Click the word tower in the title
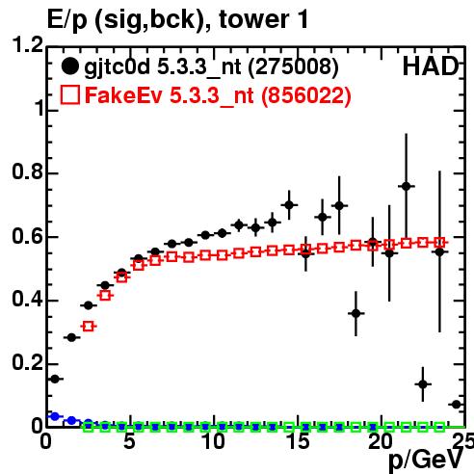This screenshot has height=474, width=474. pos(253,19)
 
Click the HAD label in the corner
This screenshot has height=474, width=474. pos(431,66)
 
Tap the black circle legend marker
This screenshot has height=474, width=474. pos(69,66)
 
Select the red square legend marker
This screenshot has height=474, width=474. pos(70,94)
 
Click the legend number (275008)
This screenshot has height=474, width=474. pos(294,67)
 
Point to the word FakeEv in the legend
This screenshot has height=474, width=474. pos(123,95)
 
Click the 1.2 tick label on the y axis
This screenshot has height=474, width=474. pos(28,44)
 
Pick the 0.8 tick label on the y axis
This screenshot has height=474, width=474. pos(28,171)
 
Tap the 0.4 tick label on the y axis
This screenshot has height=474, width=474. pos(28,299)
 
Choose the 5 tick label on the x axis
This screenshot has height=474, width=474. pos(129,441)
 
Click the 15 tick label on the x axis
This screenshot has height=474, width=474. pos(298,441)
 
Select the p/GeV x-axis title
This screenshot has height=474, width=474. pos(427,461)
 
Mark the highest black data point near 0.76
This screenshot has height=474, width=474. pos(407,186)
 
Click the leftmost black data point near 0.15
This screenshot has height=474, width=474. pos(55,380)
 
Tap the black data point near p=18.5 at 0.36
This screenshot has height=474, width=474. pos(355,313)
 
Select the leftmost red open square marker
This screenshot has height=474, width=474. pos(89,327)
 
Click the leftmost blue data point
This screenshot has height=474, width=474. pos(55,416)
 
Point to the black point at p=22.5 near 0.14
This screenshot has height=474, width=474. pos(423,384)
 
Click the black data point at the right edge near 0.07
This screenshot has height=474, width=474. pos(457,405)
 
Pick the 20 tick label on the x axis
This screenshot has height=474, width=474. pos(381,441)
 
